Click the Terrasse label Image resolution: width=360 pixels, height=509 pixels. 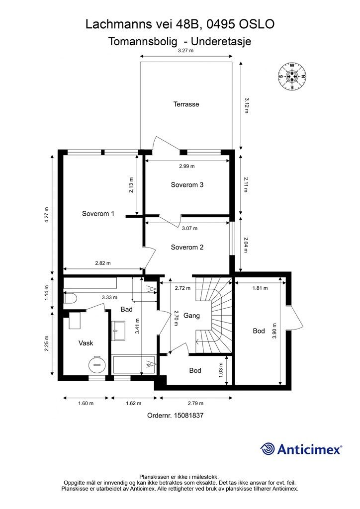[186, 104]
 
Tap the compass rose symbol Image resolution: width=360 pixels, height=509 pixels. [292, 77]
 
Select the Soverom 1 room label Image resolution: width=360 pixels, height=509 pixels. [98, 214]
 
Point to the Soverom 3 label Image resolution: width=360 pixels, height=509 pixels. [187, 185]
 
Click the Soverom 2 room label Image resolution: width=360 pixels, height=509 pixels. [187, 248]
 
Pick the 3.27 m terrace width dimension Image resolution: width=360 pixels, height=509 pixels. [185, 51]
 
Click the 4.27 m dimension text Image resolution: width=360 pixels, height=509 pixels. [46, 215]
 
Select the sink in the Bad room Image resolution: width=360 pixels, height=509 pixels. [118, 331]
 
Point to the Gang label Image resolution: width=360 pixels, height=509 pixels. [191, 315]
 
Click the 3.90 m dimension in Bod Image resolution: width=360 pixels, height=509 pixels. [274, 331]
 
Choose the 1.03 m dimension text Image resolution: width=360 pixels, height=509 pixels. [221, 370]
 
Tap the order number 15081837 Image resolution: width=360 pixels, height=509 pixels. [189, 415]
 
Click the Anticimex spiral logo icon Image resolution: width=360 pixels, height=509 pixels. [268, 449]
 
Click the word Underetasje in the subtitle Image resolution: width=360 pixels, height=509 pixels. [221, 42]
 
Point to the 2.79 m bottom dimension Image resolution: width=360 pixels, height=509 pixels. [195, 403]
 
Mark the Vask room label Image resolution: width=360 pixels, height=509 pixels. [86, 343]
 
